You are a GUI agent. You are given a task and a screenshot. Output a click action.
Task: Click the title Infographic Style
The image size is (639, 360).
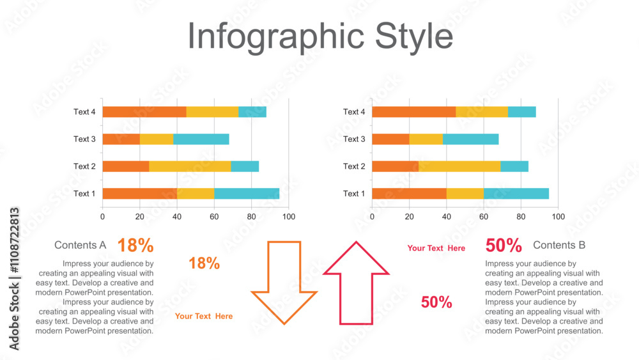pyautogui.click(x=320, y=36)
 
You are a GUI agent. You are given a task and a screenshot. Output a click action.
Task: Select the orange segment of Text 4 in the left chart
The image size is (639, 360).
pyautogui.click(x=144, y=112)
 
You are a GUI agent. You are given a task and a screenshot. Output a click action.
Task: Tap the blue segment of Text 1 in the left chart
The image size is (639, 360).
pyautogui.click(x=247, y=194)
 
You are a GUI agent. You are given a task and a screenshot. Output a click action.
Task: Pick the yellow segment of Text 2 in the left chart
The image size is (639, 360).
pyautogui.click(x=190, y=166)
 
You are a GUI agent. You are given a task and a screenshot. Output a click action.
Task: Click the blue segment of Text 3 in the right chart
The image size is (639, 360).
pyautogui.click(x=471, y=139)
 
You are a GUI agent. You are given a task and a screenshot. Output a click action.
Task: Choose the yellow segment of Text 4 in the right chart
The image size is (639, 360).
pyautogui.click(x=482, y=112)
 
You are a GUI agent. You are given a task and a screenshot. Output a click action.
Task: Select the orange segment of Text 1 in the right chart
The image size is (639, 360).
pyautogui.click(x=409, y=194)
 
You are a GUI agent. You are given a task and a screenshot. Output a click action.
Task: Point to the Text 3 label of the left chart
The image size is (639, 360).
pyautogui.click(x=84, y=139)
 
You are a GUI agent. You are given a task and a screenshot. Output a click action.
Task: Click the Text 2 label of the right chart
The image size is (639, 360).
pyautogui.click(x=354, y=166)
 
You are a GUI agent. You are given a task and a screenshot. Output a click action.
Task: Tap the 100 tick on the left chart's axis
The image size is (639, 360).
pyautogui.click(x=289, y=217)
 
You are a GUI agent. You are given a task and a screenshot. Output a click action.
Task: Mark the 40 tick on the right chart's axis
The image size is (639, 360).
pyautogui.click(x=446, y=217)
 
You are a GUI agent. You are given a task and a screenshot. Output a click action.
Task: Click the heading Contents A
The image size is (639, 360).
pyautogui.click(x=81, y=245)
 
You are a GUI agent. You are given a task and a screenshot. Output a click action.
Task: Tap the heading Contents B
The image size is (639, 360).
pyautogui.click(x=559, y=245)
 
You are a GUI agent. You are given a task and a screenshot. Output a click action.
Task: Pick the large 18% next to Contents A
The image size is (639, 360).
pyautogui.click(x=135, y=246)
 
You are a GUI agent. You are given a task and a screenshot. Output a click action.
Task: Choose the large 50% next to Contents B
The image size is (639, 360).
pyautogui.click(x=504, y=246)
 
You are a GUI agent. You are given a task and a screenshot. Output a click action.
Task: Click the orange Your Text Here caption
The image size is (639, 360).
pyautogui.click(x=204, y=316)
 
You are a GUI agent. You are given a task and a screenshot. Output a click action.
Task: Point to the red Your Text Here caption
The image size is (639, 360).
pyautogui.click(x=436, y=248)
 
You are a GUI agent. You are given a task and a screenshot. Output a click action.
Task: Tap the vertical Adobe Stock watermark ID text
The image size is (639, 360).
pyautogui.click(x=14, y=279)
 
